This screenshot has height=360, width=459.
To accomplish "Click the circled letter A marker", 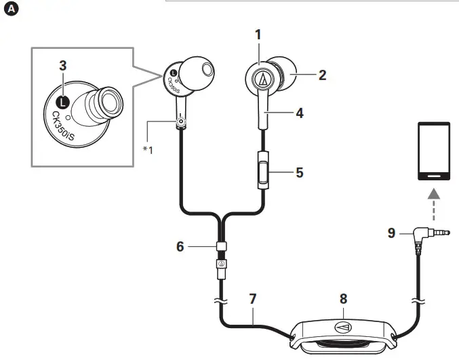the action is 11,9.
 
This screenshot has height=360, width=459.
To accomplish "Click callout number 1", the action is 258,35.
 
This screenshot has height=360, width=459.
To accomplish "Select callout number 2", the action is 322,75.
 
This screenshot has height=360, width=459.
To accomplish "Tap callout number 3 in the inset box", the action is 63,66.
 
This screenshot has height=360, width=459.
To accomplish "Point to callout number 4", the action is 300,113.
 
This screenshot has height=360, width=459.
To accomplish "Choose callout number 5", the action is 300,172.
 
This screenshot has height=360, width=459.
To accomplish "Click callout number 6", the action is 180,246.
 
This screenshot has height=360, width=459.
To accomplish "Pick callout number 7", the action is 253,299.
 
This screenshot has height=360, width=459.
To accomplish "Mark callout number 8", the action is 343,299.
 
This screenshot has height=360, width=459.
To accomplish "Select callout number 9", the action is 392,233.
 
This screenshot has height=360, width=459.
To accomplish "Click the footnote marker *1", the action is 148,150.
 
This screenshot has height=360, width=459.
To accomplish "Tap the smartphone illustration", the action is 434,151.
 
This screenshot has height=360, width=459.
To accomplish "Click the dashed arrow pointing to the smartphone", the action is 434,204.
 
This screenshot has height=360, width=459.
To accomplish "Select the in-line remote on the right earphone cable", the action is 263,170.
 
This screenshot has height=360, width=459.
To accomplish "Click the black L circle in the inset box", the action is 62,102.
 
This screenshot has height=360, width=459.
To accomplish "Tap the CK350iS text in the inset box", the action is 63,126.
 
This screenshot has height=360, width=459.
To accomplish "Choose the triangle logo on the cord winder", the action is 343,327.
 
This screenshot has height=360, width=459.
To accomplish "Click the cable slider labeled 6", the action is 222,246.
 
